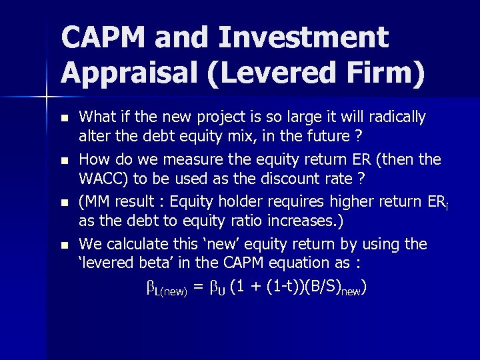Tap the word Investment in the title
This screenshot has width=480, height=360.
point(302,37)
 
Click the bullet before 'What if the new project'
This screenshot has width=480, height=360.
point(64,119)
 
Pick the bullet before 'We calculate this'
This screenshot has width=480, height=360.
point(64,245)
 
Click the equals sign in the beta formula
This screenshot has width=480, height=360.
point(197,287)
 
